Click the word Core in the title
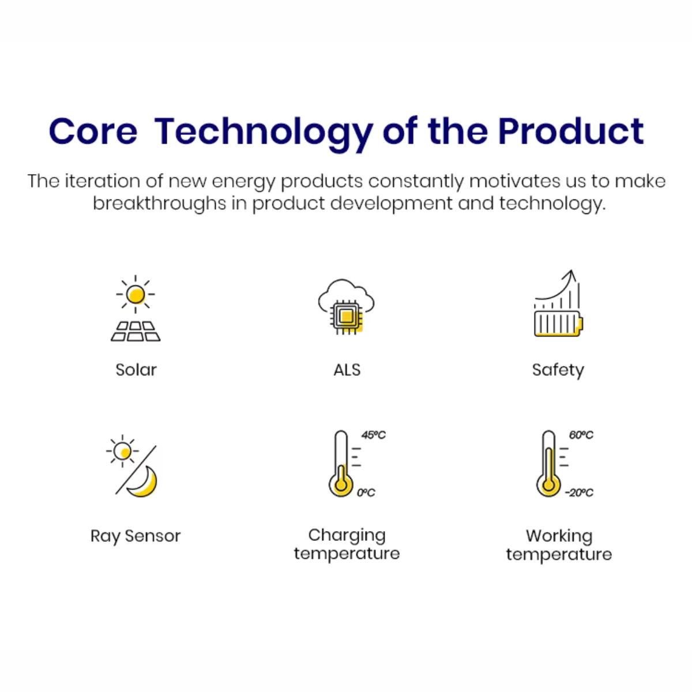click(93, 131)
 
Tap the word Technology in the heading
click(264, 135)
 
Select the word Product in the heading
click(571, 131)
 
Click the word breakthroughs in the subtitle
click(159, 203)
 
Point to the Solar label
click(136, 370)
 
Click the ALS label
click(347, 370)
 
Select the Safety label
click(558, 371)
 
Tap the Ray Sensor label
click(136, 536)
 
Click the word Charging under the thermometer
click(347, 536)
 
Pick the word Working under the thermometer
click(559, 536)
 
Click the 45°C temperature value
click(374, 435)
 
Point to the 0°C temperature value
click(366, 492)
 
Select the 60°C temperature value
click(581, 435)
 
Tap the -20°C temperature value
click(579, 492)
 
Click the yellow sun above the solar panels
click(136, 295)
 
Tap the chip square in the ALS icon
click(347, 317)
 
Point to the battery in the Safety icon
click(558, 324)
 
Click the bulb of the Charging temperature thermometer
click(341, 485)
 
